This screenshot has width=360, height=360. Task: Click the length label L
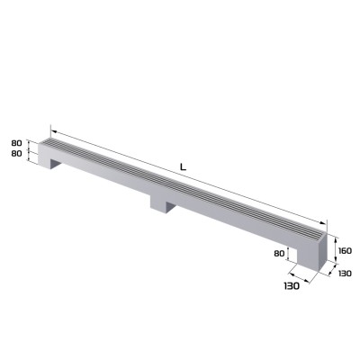point(184,166)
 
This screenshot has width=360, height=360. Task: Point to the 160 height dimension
point(346,244)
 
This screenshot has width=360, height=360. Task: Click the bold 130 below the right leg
point(291,285)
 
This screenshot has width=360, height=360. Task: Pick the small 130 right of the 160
point(346,273)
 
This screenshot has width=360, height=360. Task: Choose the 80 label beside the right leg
point(280,254)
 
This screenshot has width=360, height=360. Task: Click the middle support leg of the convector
point(163,206)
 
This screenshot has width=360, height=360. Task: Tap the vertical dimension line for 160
point(336,245)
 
